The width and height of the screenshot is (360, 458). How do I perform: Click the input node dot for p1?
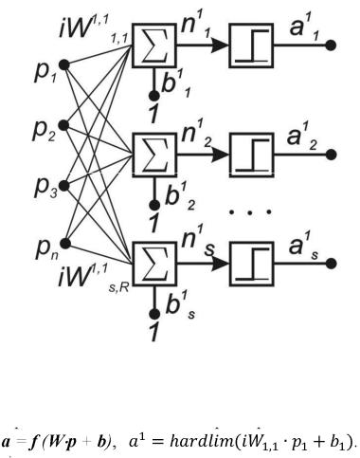point(64,65)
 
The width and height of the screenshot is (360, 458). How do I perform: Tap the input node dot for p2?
point(63,125)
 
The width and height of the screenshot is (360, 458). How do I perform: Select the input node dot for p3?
point(63,186)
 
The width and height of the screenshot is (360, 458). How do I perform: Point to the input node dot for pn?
point(65,244)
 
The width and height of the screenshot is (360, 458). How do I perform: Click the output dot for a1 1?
point(331,46)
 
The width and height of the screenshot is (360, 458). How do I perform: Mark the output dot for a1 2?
point(331,155)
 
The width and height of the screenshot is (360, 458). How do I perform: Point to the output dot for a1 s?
point(331,264)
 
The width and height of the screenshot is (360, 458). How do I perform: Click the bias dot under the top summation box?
point(153,96)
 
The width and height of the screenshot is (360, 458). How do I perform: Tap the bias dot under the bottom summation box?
point(154,314)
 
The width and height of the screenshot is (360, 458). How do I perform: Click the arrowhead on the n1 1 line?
point(220,46)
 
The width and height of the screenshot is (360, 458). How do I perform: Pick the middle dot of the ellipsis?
point(250,212)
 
